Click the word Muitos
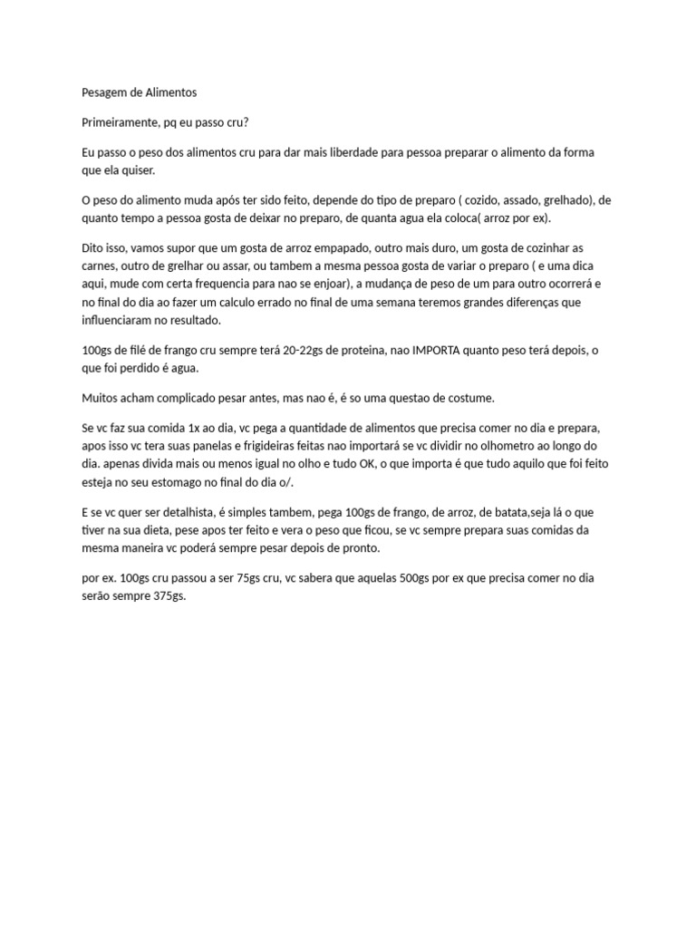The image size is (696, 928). click(x=102, y=398)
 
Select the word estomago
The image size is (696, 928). click(x=198, y=482)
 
